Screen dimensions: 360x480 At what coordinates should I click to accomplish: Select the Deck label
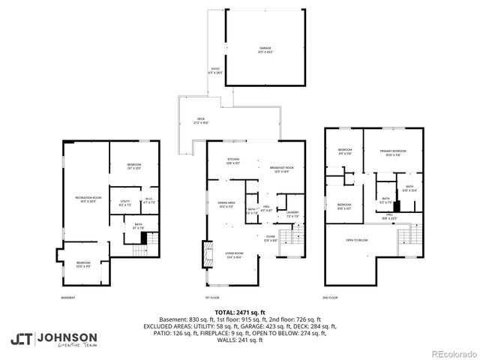point(200,120)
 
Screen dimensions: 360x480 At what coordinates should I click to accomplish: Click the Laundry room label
point(292,214)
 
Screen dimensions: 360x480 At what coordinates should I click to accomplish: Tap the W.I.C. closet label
point(148,200)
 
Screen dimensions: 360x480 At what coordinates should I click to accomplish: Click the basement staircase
point(142,237)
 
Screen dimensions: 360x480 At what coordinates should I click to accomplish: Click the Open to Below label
point(356,240)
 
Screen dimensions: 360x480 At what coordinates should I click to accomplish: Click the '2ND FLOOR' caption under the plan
point(331,297)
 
